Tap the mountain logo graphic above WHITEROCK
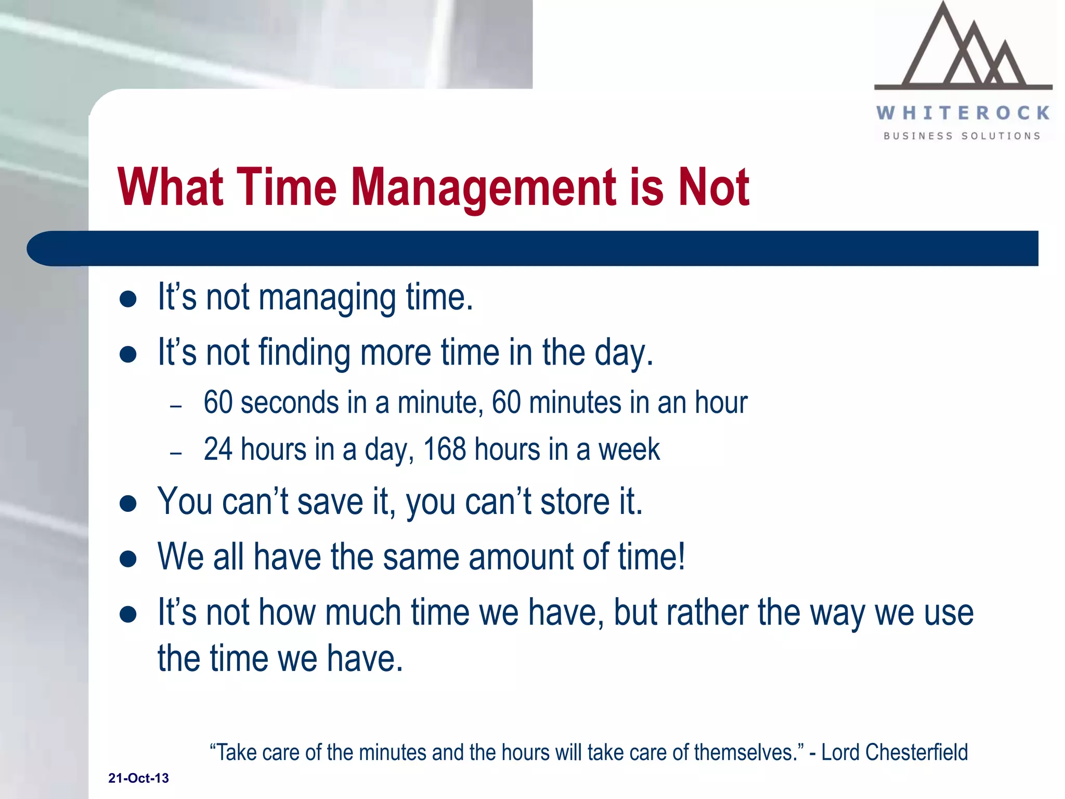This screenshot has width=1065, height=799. click(963, 49)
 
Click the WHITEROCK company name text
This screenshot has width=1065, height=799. click(963, 113)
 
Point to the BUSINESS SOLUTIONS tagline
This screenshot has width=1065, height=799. click(962, 136)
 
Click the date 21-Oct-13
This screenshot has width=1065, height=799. click(138, 778)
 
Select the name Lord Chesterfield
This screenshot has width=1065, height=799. click(894, 752)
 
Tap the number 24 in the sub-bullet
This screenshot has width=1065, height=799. click(217, 449)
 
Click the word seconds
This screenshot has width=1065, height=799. click(290, 403)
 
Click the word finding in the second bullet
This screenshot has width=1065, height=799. click(304, 353)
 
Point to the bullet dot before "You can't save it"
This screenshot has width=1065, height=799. click(128, 504)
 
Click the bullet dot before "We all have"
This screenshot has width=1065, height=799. click(128, 559)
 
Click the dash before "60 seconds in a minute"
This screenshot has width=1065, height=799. click(176, 406)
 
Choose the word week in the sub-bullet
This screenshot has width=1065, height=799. click(629, 450)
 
